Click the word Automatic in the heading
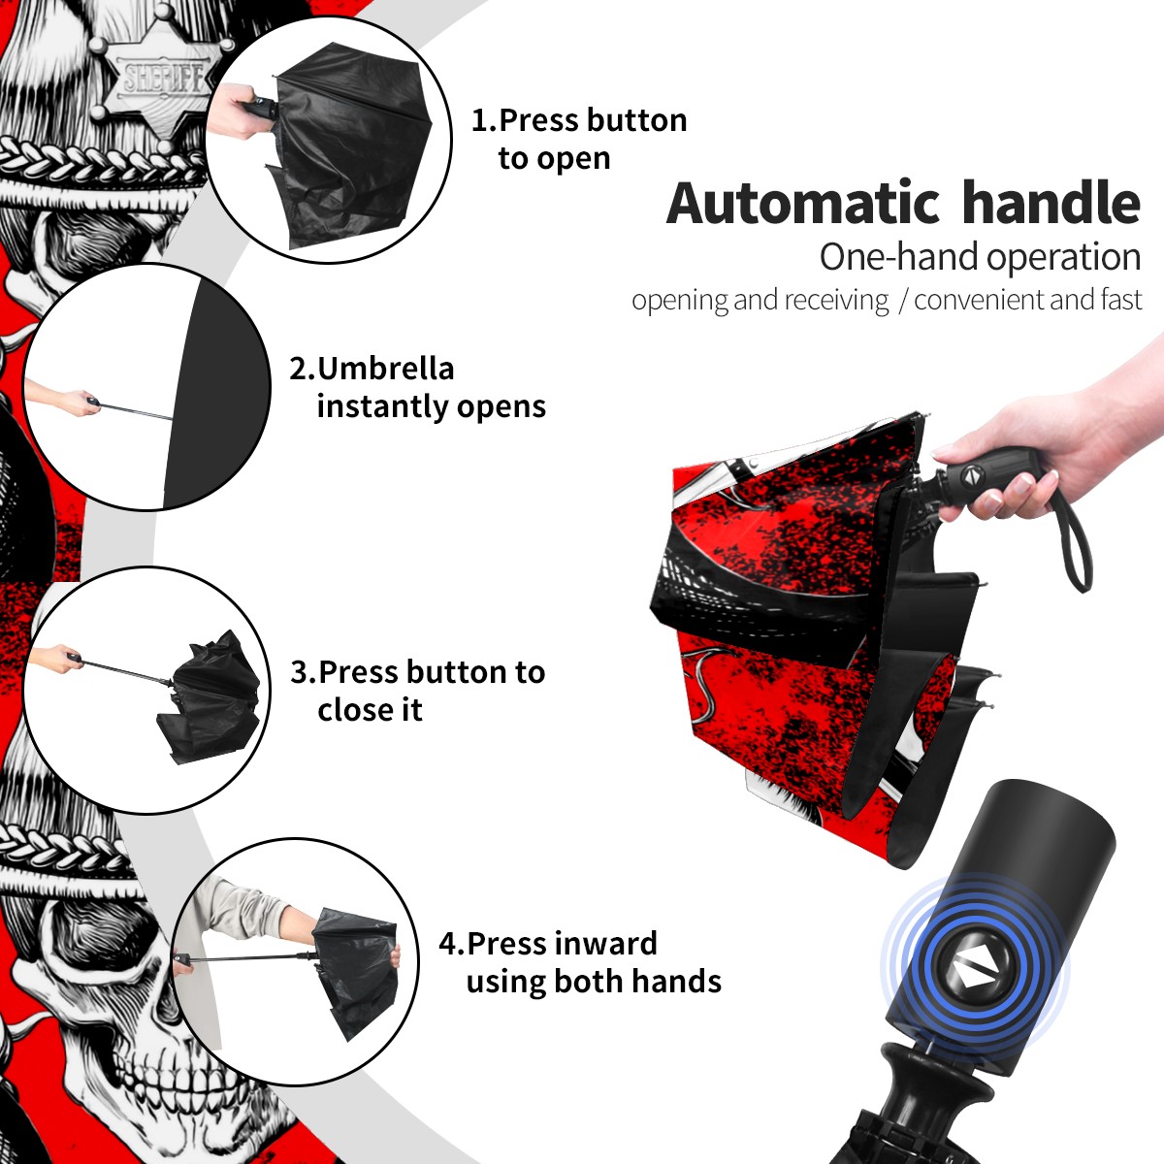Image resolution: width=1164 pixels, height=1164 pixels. coord(803,203)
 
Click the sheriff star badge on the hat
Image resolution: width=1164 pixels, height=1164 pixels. coord(160,79)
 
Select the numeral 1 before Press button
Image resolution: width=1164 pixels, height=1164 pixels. coord(480,121)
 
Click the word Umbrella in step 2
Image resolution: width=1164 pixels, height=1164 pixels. coord(385,369)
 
